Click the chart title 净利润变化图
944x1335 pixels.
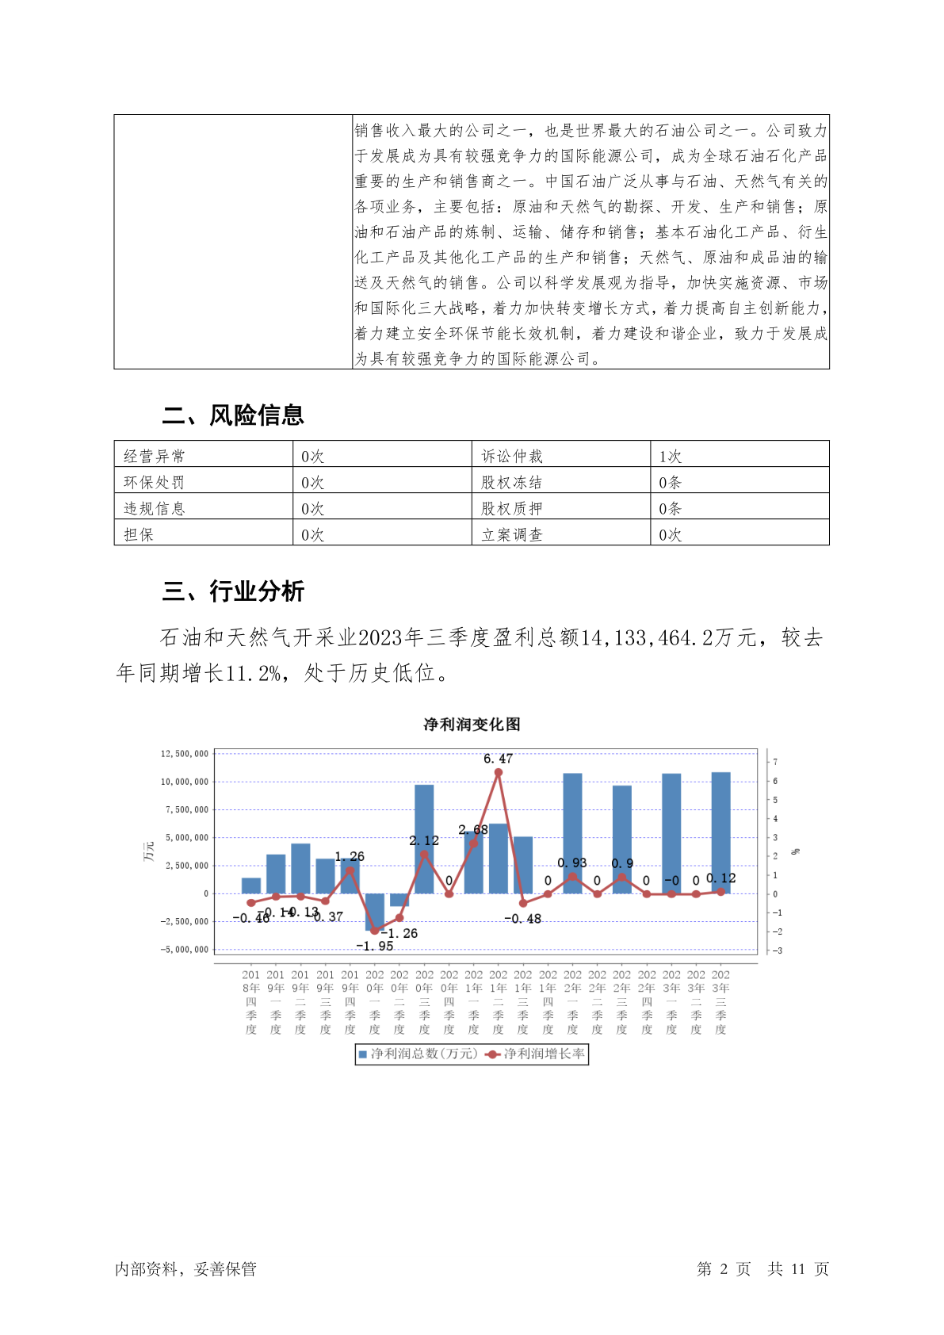point(472,725)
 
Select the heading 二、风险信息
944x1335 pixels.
point(233,415)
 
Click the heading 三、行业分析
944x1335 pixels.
point(233,591)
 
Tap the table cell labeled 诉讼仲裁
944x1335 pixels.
point(512,456)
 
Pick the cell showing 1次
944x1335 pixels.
point(671,456)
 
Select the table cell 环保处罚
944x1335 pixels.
point(154,482)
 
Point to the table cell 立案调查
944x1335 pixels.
point(512,534)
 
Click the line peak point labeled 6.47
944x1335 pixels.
point(499,772)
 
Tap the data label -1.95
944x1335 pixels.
point(374,946)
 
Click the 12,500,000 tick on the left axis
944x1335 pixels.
point(185,753)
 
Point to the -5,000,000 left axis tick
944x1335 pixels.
point(185,949)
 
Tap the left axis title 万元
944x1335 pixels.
point(148,851)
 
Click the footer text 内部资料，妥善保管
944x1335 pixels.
point(185,1269)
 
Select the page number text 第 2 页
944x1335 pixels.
point(723,1269)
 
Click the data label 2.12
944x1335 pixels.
point(424,840)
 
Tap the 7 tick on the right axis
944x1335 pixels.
point(775,762)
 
